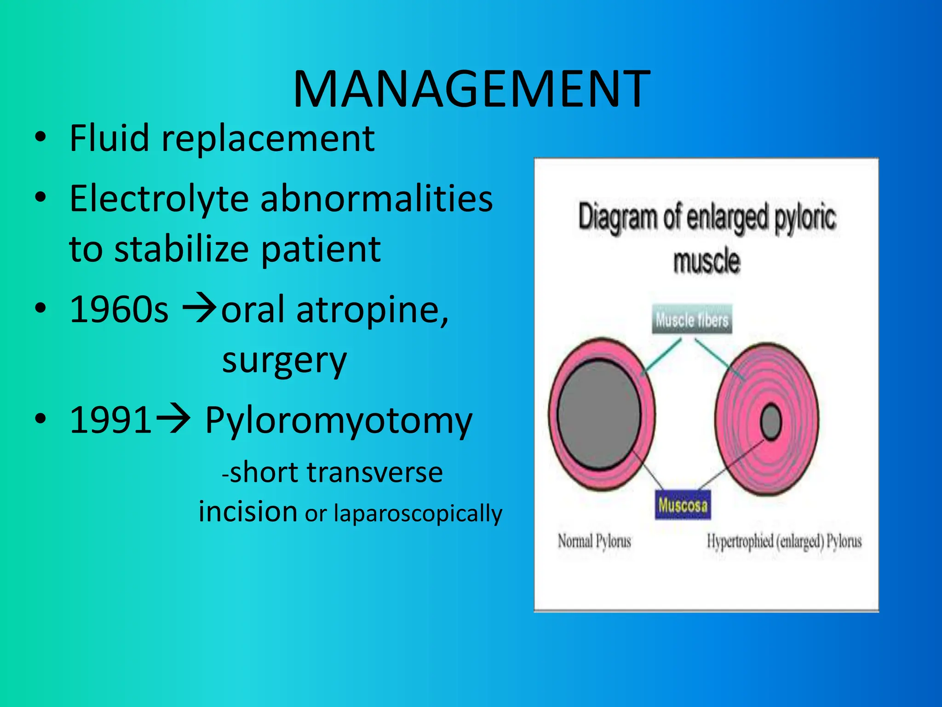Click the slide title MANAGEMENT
click(x=471, y=89)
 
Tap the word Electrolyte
click(x=159, y=199)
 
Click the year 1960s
click(x=119, y=310)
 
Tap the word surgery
click(x=284, y=360)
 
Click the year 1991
click(x=110, y=420)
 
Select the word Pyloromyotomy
click(x=339, y=421)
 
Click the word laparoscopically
click(x=418, y=513)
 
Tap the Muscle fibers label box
click(x=692, y=319)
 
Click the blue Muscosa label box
click(x=683, y=505)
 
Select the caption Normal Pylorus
click(x=594, y=541)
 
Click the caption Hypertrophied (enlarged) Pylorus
click(x=784, y=541)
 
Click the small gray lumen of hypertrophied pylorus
click(x=770, y=421)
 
